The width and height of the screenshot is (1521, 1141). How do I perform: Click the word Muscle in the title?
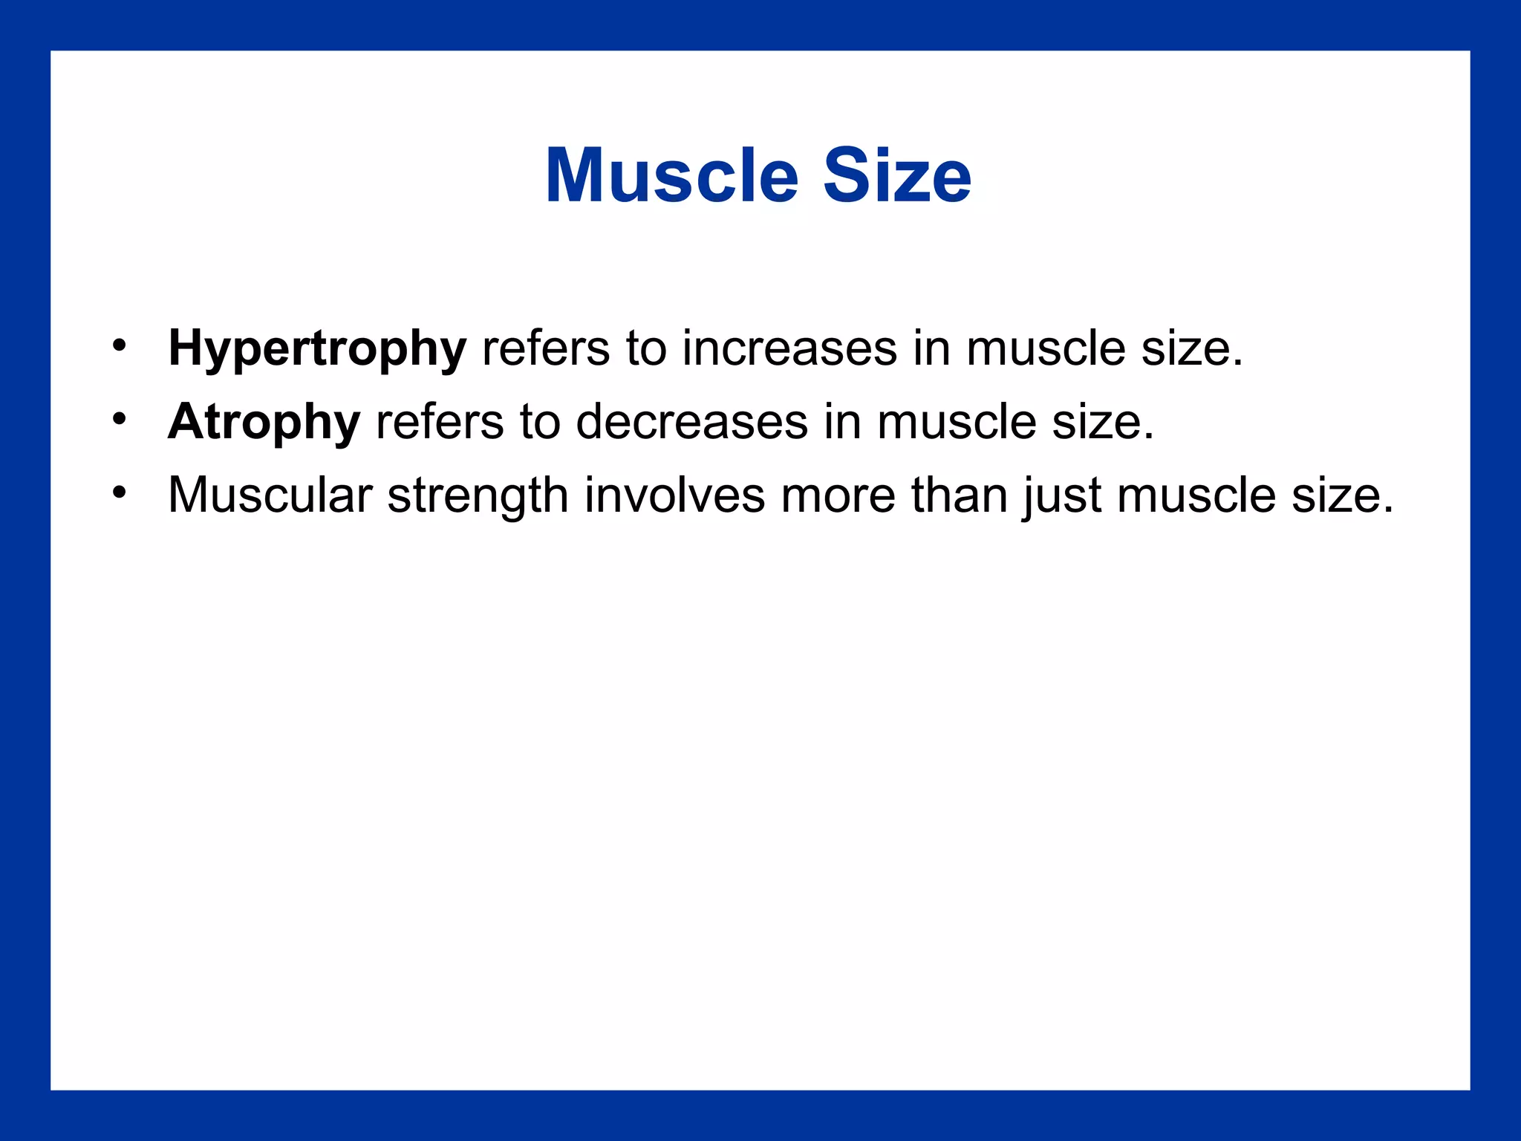click(671, 176)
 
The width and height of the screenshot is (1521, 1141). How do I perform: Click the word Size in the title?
click(897, 176)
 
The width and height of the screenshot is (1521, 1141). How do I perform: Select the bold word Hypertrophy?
click(317, 349)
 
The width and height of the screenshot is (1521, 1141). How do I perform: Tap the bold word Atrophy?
click(264, 422)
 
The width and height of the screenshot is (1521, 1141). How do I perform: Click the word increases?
click(789, 348)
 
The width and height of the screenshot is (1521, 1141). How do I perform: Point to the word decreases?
click(691, 422)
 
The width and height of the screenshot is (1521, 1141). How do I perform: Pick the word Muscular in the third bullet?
click(270, 495)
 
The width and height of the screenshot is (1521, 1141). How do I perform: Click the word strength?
click(478, 496)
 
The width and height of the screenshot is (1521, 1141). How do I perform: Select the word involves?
click(674, 495)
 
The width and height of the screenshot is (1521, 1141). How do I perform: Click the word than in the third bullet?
click(959, 495)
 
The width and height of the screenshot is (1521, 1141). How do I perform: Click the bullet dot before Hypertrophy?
click(120, 345)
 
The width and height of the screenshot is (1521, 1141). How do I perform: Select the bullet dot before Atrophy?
click(120, 419)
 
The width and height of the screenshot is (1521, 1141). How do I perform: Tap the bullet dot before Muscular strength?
click(120, 492)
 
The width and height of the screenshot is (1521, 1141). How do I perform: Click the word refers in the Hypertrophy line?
click(546, 348)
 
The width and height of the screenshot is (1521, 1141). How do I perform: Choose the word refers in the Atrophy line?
click(440, 422)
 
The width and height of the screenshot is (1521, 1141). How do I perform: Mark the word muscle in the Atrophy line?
click(956, 422)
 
